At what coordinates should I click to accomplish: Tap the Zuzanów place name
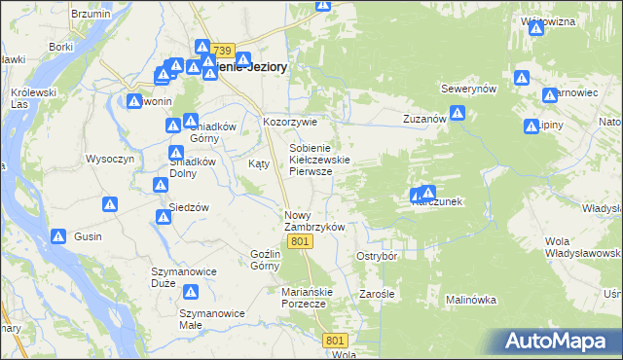(424, 119)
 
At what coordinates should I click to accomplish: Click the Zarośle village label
(377, 293)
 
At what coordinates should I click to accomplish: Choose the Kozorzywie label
(290, 122)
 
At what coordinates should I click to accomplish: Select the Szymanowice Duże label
(176, 277)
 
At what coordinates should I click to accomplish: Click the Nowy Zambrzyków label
(314, 221)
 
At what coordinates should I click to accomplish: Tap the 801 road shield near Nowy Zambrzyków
(300, 241)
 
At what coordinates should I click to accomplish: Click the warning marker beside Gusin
(58, 235)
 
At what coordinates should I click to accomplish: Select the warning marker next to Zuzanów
(458, 114)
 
